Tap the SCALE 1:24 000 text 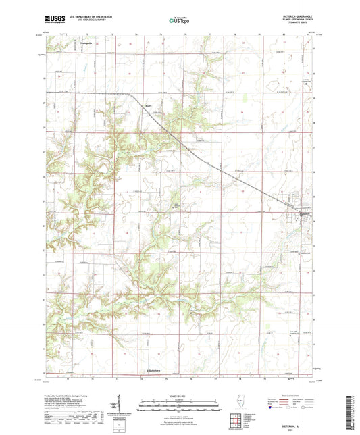click(x=180, y=396)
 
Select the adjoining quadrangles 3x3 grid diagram click(x=241, y=420)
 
